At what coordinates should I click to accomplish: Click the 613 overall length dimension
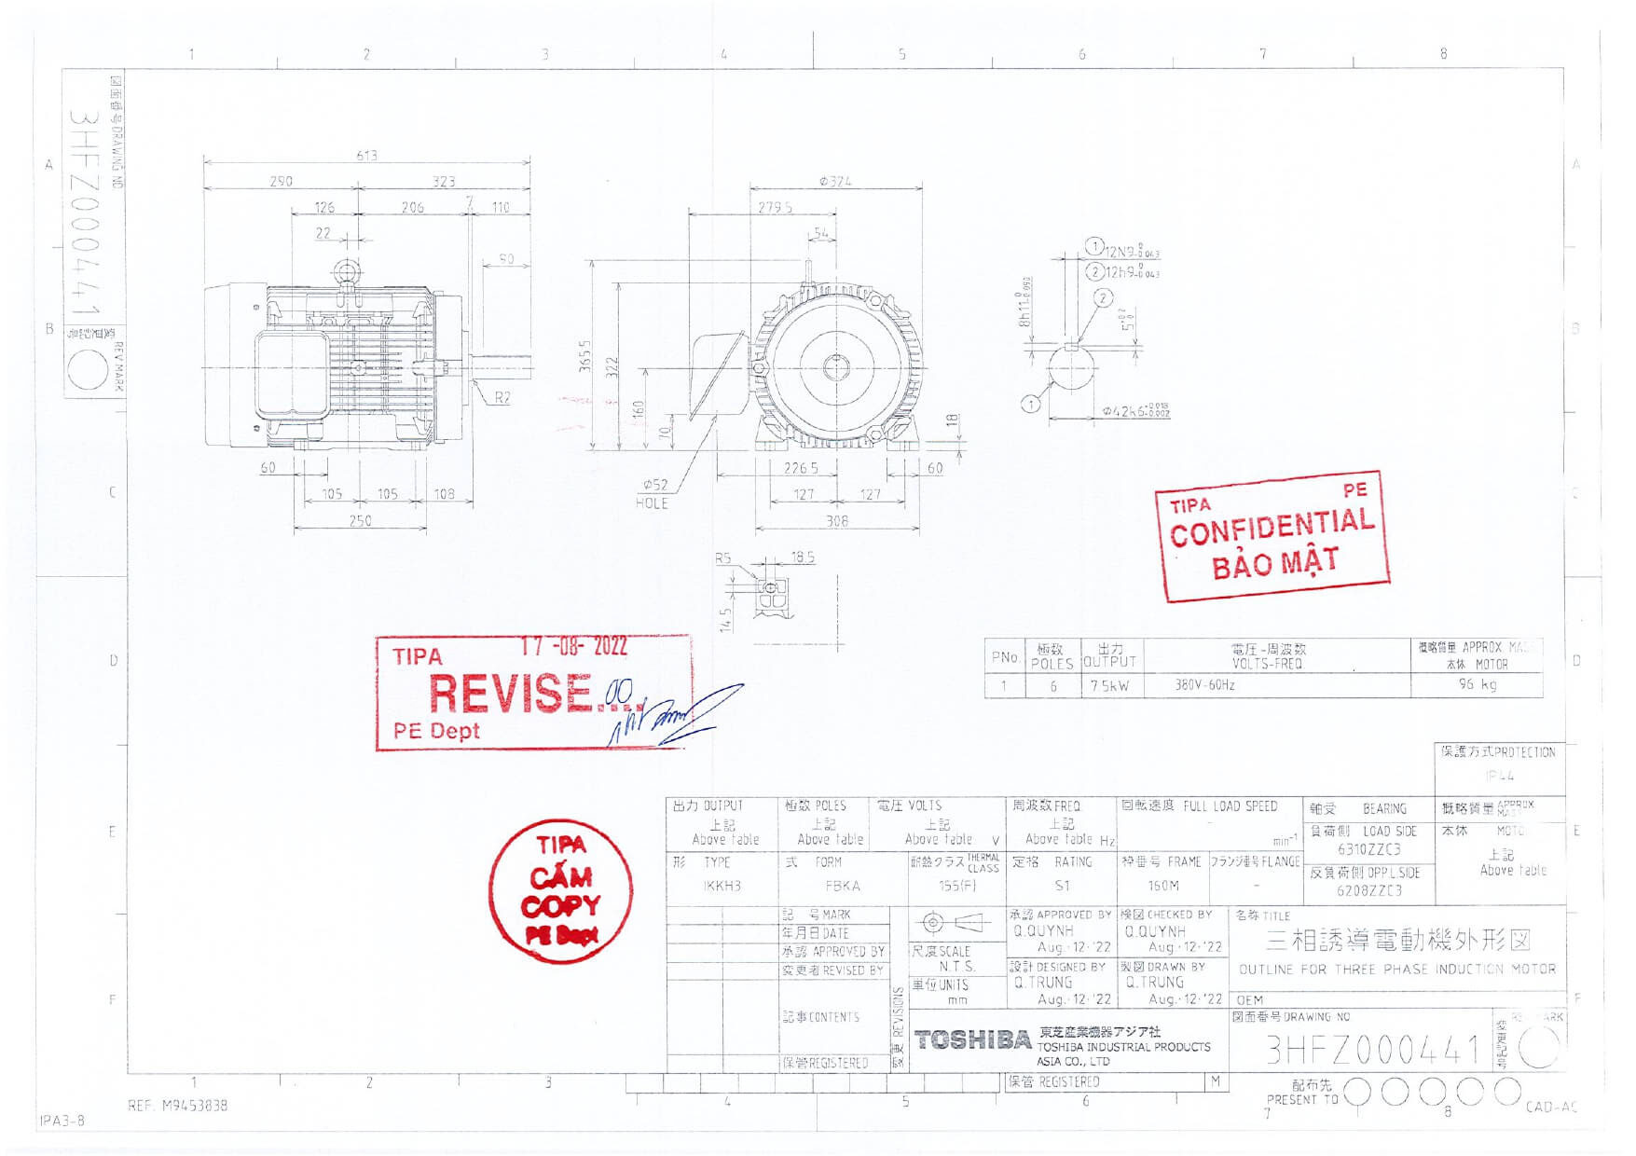[x=367, y=156]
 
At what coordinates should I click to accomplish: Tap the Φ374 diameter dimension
[x=835, y=182]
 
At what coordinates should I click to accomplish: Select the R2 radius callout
[x=502, y=398]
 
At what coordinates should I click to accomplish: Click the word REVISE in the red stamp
[x=510, y=694]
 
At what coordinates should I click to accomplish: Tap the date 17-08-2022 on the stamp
[x=573, y=647]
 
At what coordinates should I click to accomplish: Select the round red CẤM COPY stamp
[x=560, y=891]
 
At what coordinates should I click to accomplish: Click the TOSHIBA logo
[x=972, y=1040]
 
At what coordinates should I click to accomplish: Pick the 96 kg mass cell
[x=1478, y=685]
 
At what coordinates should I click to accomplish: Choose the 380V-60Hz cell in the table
[x=1204, y=685]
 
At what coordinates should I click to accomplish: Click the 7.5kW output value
[x=1109, y=685]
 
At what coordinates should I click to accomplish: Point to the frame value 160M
[x=1163, y=886]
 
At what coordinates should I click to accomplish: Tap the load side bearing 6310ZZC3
[x=1368, y=849]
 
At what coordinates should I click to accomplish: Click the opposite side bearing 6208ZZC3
[x=1368, y=890]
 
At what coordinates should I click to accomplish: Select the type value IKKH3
[x=722, y=886]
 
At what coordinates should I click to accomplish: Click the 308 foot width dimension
[x=837, y=521]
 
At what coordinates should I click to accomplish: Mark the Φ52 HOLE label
[x=653, y=494]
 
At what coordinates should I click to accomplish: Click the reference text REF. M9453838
[x=177, y=1106]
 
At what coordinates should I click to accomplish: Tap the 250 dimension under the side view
[x=360, y=521]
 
